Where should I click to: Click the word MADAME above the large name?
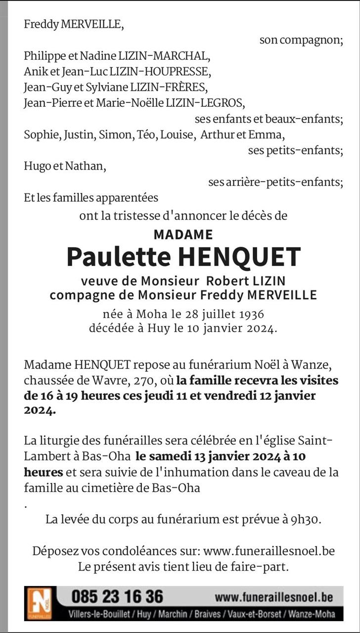click(183, 234)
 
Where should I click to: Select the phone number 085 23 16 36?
click(117, 596)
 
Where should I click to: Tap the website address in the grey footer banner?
click(273, 597)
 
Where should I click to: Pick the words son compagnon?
click(301, 41)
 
